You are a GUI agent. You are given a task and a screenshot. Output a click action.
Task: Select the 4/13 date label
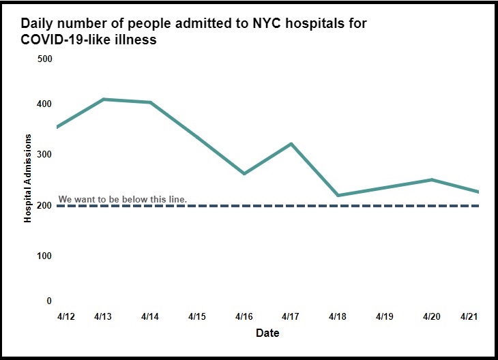tap(104, 317)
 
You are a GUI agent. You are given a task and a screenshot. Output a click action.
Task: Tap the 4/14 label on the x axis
tap(151, 317)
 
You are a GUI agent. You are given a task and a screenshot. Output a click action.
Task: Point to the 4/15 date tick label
tap(197, 317)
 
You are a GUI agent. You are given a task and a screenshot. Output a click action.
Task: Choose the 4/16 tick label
tap(244, 317)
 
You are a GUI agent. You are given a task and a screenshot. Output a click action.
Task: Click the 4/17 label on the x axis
tap(291, 317)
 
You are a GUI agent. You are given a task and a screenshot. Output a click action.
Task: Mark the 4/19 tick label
tap(385, 317)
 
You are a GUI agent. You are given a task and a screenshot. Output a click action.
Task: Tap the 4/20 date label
tap(431, 317)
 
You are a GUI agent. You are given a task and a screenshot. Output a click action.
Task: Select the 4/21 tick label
tap(469, 317)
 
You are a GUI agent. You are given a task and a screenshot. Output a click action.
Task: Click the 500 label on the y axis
tap(45, 59)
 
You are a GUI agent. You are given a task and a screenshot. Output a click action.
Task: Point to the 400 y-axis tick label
tap(45, 104)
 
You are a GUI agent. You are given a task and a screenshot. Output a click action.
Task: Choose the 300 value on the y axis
tap(45, 155)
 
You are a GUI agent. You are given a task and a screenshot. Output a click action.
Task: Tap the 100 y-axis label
tap(45, 256)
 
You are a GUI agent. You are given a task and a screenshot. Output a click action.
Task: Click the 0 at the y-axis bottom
tap(48, 301)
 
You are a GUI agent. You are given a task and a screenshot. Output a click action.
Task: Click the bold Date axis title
tap(267, 333)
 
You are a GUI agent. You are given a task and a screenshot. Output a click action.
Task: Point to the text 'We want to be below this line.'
tap(123, 200)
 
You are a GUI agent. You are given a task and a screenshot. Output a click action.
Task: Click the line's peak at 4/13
tap(104, 100)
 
